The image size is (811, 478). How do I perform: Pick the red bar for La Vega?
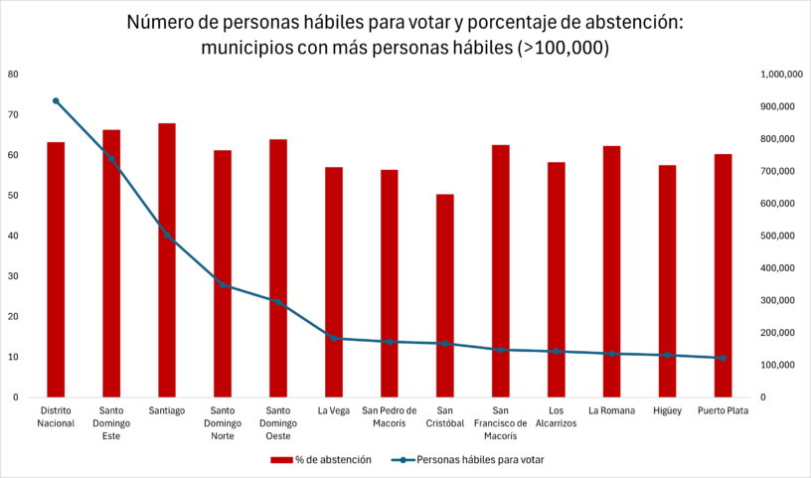coord(334,282)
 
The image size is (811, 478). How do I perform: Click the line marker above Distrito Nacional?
coord(56,101)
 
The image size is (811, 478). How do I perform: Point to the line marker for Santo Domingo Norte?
coord(223,285)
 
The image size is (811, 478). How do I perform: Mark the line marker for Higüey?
coord(667,355)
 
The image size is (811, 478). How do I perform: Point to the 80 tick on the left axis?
coord(13,75)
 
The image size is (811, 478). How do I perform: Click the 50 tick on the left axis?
coord(13,196)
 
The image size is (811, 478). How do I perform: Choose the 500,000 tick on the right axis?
coord(777,236)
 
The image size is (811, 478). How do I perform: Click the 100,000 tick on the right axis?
coord(777,365)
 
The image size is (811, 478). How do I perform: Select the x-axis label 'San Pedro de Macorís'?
coord(390,416)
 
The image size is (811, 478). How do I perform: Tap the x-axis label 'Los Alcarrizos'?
coord(556,416)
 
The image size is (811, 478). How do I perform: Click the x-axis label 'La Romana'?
coord(611,409)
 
